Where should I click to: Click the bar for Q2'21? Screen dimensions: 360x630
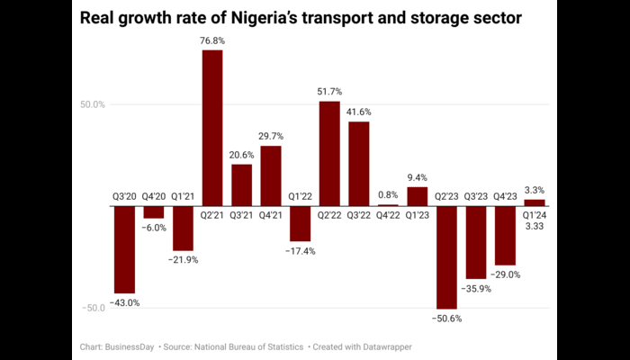(212, 128)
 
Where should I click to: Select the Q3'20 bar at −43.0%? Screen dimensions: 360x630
(124, 249)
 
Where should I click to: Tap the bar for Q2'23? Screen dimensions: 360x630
(446, 257)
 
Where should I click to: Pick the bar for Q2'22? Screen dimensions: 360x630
(329, 153)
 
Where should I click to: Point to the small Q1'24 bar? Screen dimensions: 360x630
(535, 202)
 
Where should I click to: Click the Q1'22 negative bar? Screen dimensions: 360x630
(300, 224)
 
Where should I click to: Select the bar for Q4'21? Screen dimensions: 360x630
(271, 175)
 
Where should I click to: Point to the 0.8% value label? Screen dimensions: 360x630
(388, 194)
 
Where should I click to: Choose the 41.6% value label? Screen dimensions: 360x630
(358, 112)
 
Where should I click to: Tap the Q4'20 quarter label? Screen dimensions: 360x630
(154, 196)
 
